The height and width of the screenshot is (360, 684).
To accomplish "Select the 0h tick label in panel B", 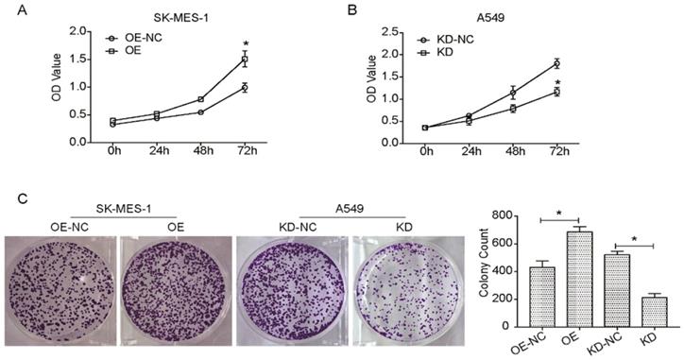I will (427, 150).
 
